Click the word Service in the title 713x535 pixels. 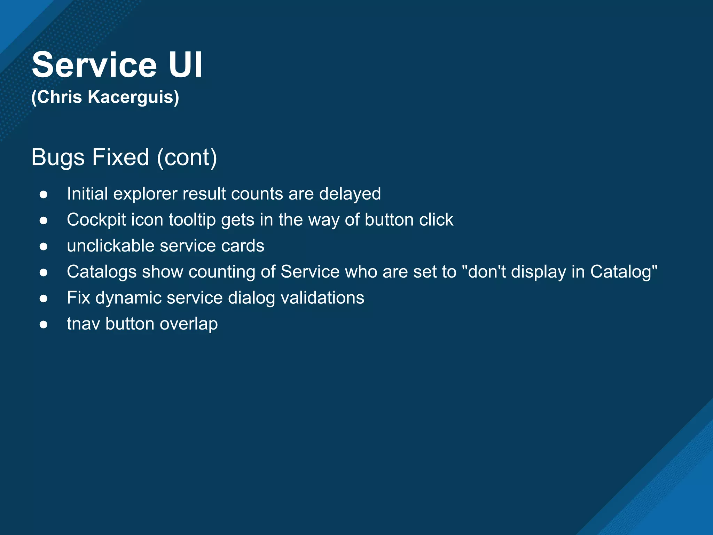point(94,65)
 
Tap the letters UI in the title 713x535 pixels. point(185,65)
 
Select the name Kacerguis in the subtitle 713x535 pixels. point(133,97)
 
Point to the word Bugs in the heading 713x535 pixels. point(58,157)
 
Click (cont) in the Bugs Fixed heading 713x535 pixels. point(187,157)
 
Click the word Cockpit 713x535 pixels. point(96,220)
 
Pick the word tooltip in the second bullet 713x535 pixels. point(192,220)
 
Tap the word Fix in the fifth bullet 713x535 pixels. point(78,298)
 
